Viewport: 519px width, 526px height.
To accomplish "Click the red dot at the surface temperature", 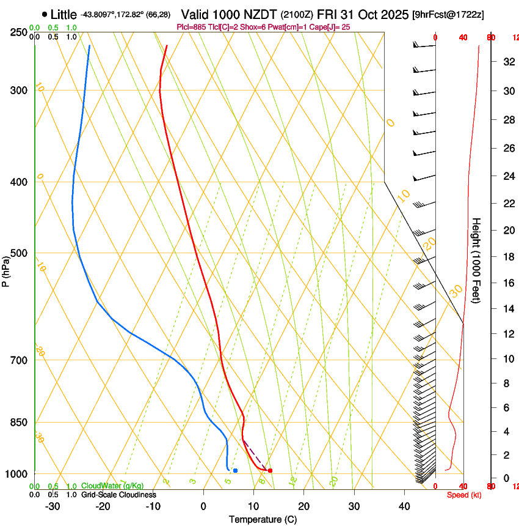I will pos(270,470).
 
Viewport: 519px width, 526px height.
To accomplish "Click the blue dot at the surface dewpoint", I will pos(235,470).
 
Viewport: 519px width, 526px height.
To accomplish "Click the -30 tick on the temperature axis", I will pos(53,506).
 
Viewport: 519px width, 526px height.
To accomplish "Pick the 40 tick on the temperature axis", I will pos(404,506).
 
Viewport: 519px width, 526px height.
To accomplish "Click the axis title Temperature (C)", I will pos(263,520).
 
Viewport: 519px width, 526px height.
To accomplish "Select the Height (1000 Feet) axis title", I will pos(477,260).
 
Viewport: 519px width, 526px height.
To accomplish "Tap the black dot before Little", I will pos(45,14).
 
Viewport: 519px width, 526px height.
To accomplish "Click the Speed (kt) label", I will pos(463,495).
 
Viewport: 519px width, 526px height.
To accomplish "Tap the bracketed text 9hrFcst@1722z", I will pos(449,15).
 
